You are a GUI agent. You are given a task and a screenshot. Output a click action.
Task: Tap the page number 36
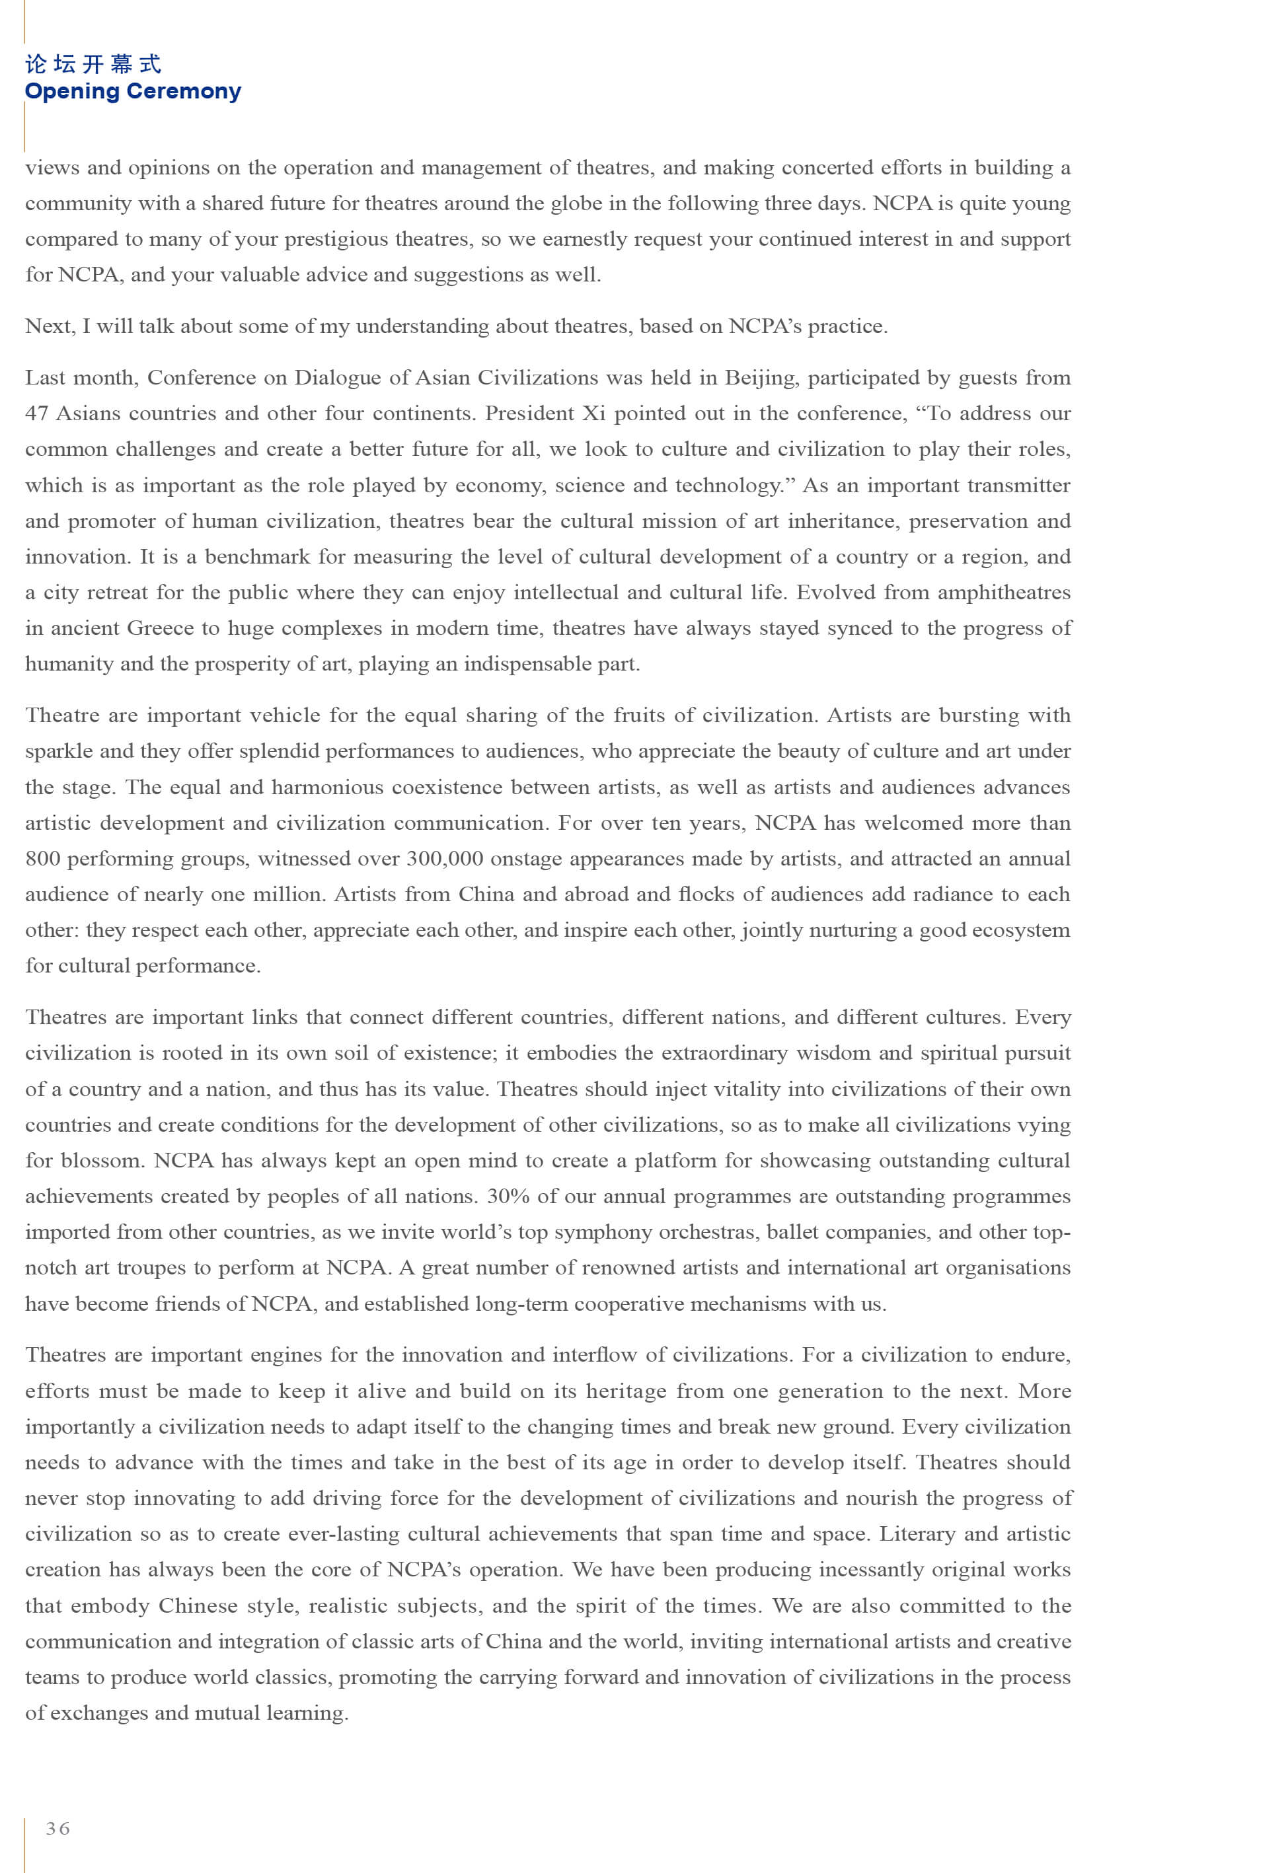tap(57, 1828)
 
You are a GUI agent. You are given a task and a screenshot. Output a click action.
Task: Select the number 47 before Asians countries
tap(37, 413)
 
